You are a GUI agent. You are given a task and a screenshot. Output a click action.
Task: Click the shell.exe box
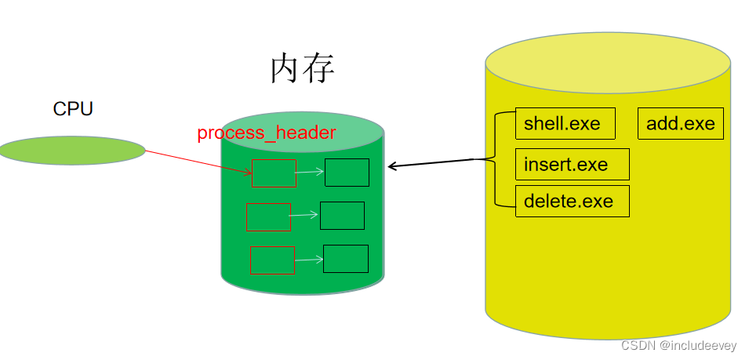(565, 124)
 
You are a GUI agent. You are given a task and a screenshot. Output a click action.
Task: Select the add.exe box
(680, 124)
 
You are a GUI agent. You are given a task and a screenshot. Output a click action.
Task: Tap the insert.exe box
(572, 165)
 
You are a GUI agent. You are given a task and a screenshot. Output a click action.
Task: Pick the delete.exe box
(572, 201)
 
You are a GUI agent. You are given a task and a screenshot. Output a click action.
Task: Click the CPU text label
(73, 109)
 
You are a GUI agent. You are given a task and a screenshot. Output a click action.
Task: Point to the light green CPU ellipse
(71, 150)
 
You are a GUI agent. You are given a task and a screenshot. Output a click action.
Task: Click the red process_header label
(266, 133)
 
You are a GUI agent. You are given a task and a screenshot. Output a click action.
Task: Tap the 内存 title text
(303, 69)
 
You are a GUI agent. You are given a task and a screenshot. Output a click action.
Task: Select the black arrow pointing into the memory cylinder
(431, 163)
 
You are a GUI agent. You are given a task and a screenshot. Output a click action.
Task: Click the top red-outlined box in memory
(274, 173)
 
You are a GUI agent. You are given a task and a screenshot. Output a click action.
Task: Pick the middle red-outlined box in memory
(268, 217)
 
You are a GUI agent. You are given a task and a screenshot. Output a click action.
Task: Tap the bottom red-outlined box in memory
(272, 260)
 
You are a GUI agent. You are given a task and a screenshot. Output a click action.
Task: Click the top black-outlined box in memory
(347, 173)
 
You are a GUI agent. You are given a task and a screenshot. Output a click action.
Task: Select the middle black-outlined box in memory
(342, 216)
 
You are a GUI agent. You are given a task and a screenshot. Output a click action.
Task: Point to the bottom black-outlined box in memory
(345, 258)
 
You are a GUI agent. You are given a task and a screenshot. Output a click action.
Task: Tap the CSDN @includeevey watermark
(681, 346)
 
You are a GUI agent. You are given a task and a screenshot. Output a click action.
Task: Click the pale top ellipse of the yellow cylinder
(608, 63)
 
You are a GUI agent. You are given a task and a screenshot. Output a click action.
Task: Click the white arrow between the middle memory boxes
(305, 215)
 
